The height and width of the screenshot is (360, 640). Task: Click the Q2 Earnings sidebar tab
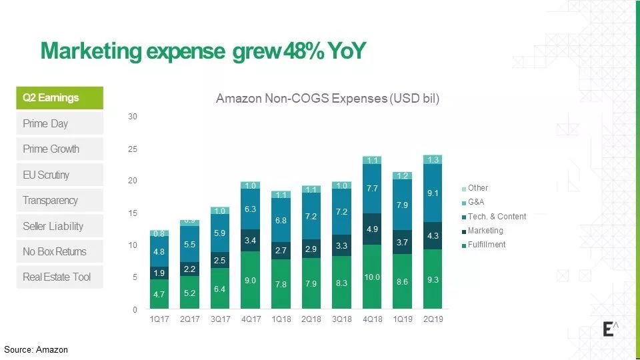pyautogui.click(x=59, y=98)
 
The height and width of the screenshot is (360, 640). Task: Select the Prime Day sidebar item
pyautogui.click(x=59, y=123)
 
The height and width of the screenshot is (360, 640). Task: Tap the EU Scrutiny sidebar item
pyautogui.click(x=59, y=175)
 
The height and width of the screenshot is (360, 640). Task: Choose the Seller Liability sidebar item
pyautogui.click(x=59, y=226)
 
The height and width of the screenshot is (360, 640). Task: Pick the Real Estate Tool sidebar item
pyautogui.click(x=59, y=277)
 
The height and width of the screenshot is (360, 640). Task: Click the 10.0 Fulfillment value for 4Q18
pyautogui.click(x=372, y=277)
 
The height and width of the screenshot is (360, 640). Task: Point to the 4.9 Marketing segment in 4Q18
pyautogui.click(x=372, y=229)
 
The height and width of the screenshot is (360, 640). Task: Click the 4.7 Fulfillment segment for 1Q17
pyautogui.click(x=159, y=294)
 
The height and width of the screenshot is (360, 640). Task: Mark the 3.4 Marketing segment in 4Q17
pyautogui.click(x=251, y=240)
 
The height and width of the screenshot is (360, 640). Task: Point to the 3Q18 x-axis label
pyautogui.click(x=342, y=319)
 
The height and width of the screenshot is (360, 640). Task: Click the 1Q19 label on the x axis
pyautogui.click(x=403, y=319)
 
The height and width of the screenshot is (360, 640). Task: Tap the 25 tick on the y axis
pyautogui.click(x=133, y=149)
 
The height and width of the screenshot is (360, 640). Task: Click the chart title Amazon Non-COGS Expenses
pyautogui.click(x=327, y=99)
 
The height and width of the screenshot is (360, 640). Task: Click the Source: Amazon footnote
pyautogui.click(x=36, y=349)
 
